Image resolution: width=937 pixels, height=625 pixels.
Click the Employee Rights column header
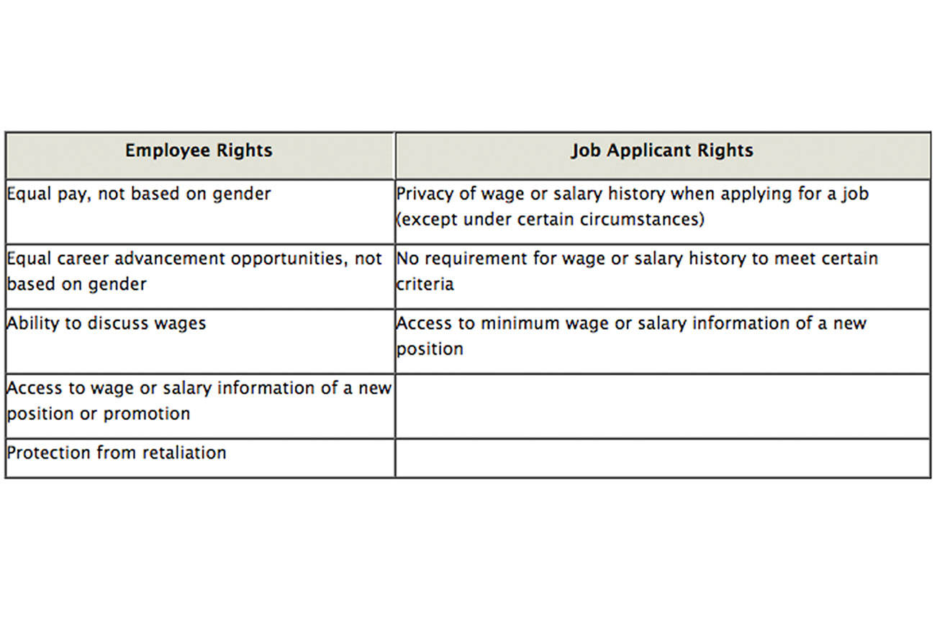point(199,150)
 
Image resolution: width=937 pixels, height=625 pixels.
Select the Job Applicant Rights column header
point(662,150)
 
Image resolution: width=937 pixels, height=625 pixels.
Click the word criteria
point(425,284)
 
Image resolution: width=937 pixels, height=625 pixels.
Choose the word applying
point(708,194)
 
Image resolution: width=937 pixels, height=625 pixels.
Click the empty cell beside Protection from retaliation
point(662,458)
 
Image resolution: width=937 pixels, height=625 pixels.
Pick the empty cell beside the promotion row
point(662,406)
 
